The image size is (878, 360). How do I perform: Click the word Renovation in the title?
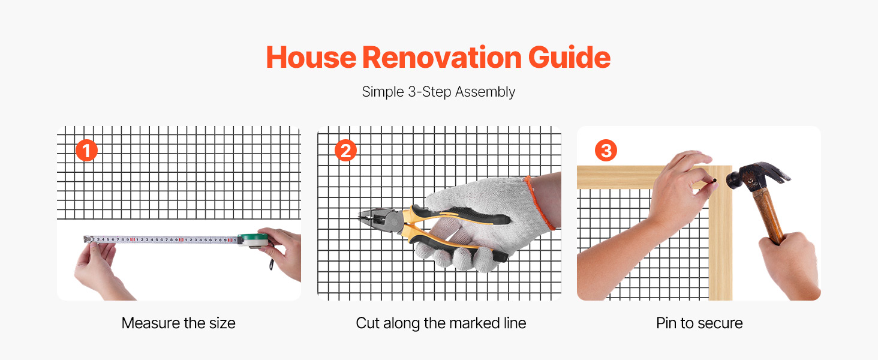click(442, 58)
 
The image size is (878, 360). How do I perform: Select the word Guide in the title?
click(570, 58)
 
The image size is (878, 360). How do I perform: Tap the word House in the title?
click(311, 58)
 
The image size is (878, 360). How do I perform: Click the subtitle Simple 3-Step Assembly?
click(438, 92)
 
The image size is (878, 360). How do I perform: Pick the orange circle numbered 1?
click(86, 150)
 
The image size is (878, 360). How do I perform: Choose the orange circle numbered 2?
click(345, 150)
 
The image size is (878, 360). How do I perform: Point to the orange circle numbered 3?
click(606, 150)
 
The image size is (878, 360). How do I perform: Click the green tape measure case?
click(254, 239)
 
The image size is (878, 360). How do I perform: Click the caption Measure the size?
click(178, 323)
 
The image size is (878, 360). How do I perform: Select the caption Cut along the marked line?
click(441, 323)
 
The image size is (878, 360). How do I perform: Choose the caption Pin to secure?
click(699, 323)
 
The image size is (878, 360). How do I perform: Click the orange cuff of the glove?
click(540, 202)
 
